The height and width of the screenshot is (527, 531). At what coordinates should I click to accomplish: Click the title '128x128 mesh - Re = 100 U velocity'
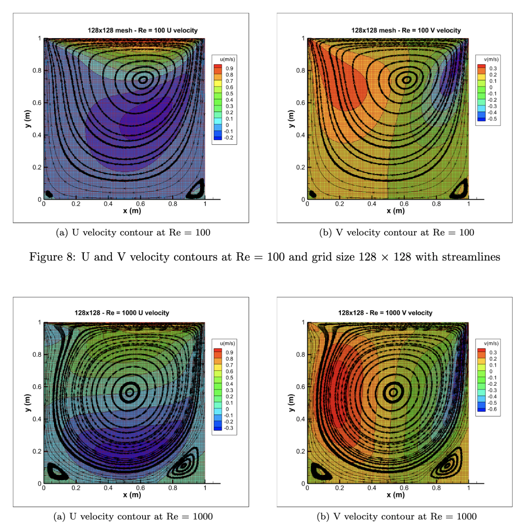click(x=143, y=31)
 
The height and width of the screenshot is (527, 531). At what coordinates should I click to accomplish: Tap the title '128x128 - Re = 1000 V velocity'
click(x=385, y=313)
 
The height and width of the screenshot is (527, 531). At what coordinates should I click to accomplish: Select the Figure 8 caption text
click(x=265, y=257)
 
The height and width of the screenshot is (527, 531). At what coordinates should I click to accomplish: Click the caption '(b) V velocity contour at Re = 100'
click(x=397, y=233)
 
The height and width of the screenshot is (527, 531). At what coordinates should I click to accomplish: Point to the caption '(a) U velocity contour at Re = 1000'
click(x=133, y=516)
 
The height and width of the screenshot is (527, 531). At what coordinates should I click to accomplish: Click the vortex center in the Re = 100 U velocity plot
click(x=143, y=80)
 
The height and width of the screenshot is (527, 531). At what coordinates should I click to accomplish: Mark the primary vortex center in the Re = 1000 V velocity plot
click(x=393, y=392)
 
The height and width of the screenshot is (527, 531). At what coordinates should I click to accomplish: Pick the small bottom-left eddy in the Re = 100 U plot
click(x=49, y=194)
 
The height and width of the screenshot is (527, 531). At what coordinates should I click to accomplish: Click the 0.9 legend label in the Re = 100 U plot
click(x=230, y=69)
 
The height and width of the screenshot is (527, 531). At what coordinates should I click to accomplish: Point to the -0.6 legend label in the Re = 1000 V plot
click(x=492, y=409)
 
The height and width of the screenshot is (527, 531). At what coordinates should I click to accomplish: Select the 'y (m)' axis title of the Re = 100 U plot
click(x=27, y=119)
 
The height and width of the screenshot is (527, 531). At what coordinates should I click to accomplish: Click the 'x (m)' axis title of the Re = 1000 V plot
click(x=396, y=495)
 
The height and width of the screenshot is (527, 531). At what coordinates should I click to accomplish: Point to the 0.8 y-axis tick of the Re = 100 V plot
click(x=300, y=70)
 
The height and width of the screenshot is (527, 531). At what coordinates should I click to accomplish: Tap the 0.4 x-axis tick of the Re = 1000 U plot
click(x=108, y=488)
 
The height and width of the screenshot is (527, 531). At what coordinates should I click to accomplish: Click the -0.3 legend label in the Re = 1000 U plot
click(x=229, y=428)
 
